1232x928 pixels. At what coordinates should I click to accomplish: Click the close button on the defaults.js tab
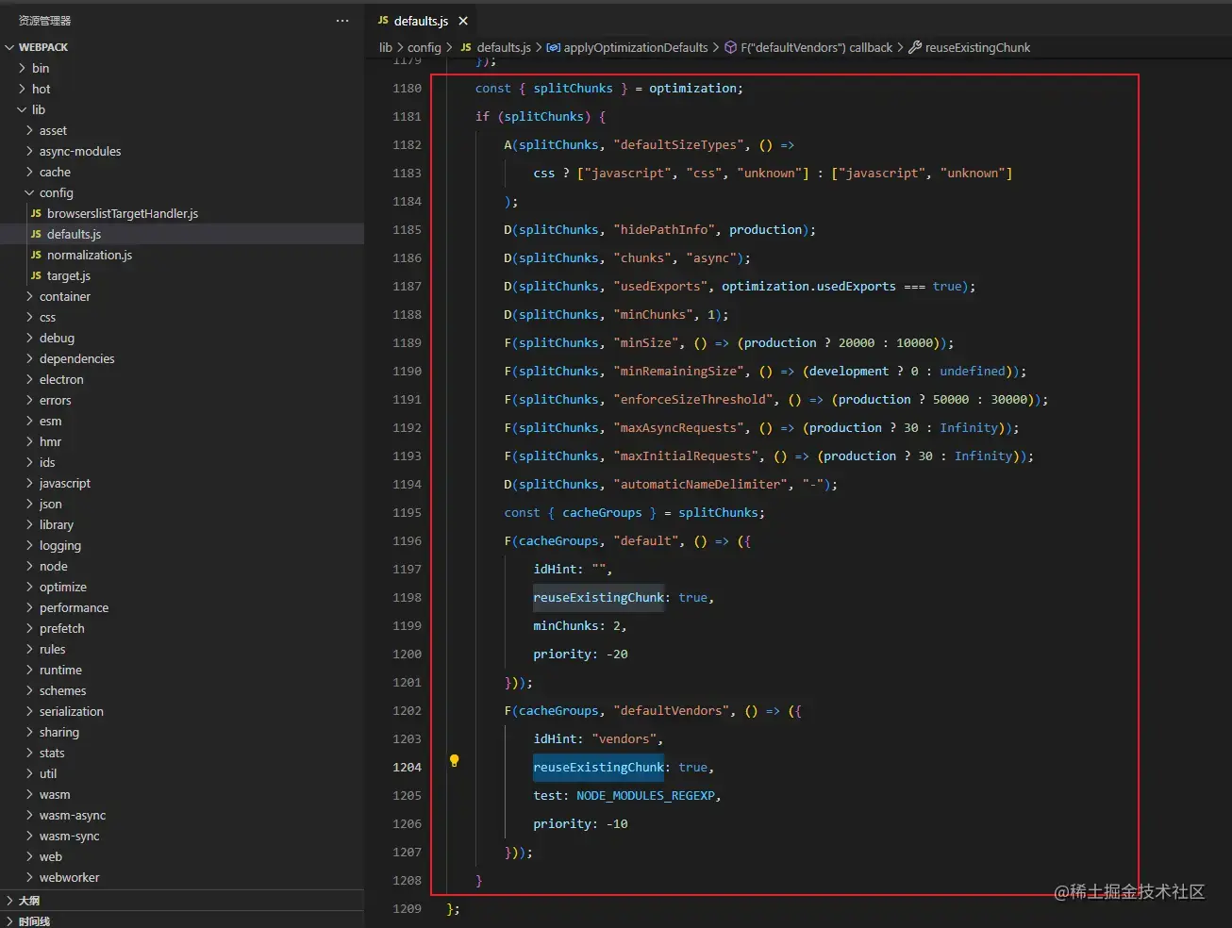pyautogui.click(x=463, y=21)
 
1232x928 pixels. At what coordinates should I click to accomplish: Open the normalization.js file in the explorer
pyautogui.click(x=89, y=255)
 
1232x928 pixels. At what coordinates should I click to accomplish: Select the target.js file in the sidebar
pyautogui.click(x=68, y=275)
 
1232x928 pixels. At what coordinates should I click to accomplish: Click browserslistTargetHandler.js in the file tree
pyautogui.click(x=122, y=213)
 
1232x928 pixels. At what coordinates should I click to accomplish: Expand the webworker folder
pyautogui.click(x=69, y=877)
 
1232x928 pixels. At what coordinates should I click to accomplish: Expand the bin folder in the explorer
pyautogui.click(x=41, y=68)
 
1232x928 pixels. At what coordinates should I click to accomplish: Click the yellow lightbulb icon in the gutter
pyautogui.click(x=454, y=760)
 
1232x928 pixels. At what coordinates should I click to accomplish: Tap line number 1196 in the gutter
pyautogui.click(x=407, y=540)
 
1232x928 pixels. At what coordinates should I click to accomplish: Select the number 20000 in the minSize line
pyautogui.click(x=856, y=342)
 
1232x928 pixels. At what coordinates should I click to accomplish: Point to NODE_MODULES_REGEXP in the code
pyautogui.click(x=646, y=795)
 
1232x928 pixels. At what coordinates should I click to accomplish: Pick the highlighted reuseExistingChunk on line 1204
pyautogui.click(x=598, y=767)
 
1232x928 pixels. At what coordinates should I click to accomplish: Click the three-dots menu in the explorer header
pyautogui.click(x=342, y=21)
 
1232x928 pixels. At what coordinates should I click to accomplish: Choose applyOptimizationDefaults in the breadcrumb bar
pyautogui.click(x=635, y=47)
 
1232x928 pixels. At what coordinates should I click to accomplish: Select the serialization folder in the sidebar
pyautogui.click(x=71, y=711)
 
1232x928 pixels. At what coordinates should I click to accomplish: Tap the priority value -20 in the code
pyautogui.click(x=617, y=654)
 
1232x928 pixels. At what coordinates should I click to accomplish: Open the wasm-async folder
pyautogui.click(x=72, y=815)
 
